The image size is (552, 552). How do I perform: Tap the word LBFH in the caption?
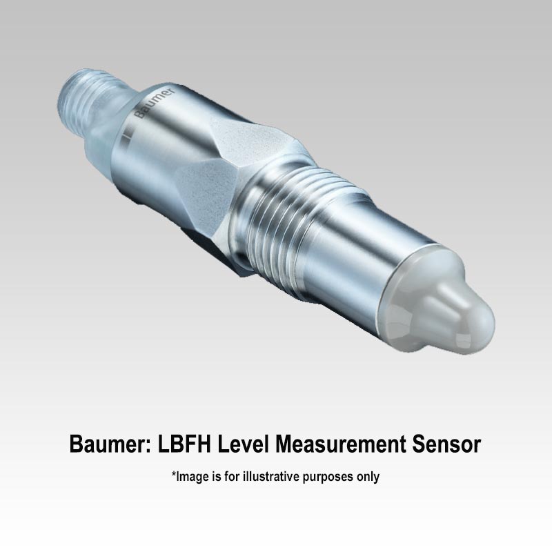click(x=184, y=444)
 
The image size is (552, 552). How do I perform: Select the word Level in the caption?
click(x=243, y=444)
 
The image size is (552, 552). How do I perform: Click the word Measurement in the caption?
click(x=340, y=444)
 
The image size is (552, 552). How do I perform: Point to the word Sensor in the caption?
click(x=446, y=444)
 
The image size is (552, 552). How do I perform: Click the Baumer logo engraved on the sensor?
click(x=154, y=103)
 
